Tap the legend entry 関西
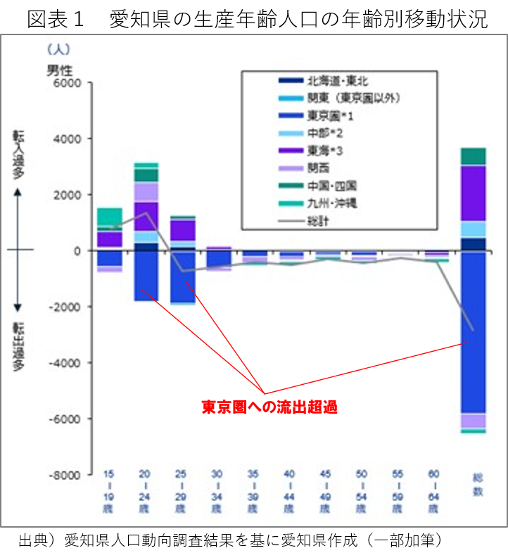(x=318, y=168)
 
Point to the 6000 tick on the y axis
(x=68, y=82)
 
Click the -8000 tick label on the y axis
(x=65, y=475)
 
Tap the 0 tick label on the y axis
(x=78, y=250)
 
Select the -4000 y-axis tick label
(x=65, y=363)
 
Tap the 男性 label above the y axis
(x=60, y=70)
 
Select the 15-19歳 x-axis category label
(x=109, y=490)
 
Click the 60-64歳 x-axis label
(x=434, y=490)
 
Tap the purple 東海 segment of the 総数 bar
(x=474, y=193)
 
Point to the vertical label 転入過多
(x=18, y=155)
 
